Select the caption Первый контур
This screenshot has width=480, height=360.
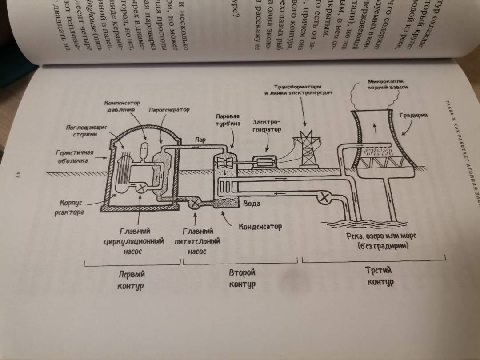(x=131, y=280)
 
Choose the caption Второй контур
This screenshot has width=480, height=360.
(x=242, y=278)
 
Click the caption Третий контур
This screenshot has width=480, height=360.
(x=380, y=276)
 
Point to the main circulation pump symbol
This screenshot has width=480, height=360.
(x=141, y=188)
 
